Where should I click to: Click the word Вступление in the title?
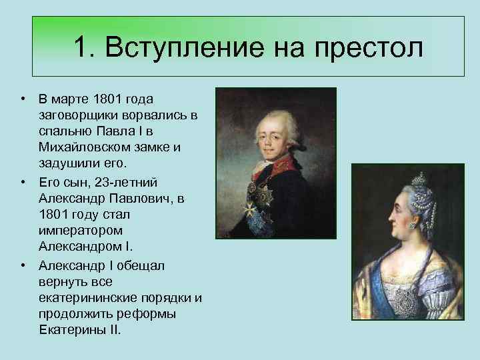[185, 47]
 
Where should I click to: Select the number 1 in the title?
[81, 47]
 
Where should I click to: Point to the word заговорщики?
[79, 116]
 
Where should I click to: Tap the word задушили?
[69, 163]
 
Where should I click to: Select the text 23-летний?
[126, 183]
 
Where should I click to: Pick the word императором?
[81, 231]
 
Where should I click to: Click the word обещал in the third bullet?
[141, 266]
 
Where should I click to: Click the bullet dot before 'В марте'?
[23, 99]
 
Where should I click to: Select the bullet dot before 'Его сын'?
[23, 182]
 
